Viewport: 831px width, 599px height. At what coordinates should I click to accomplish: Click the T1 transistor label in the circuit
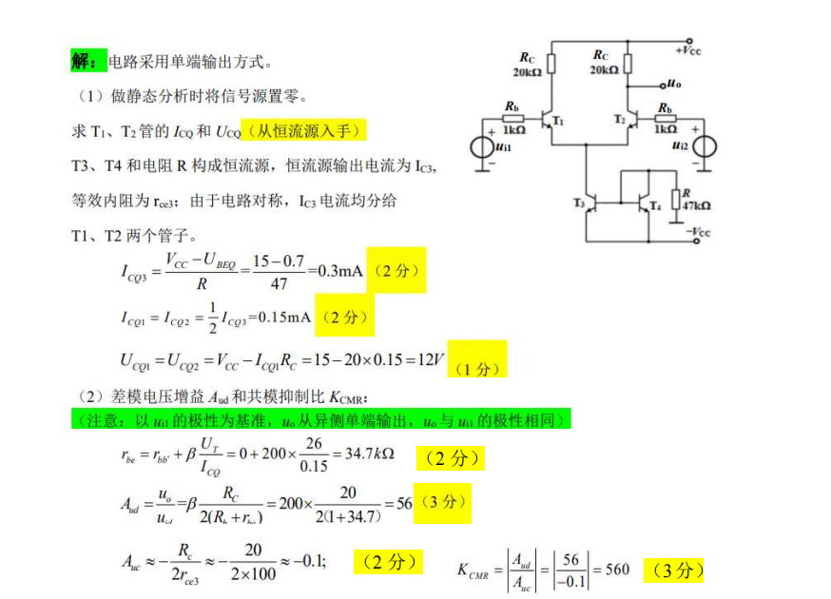point(558,123)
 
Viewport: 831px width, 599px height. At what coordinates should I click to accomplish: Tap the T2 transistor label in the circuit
point(619,121)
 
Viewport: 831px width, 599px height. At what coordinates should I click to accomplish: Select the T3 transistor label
point(579,203)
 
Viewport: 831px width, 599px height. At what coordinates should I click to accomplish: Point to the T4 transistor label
point(654,206)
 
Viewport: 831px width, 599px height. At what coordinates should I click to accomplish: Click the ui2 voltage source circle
point(705,148)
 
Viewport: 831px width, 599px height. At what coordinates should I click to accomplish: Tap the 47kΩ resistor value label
point(696,205)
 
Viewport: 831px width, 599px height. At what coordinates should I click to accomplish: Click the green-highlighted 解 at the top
point(83,62)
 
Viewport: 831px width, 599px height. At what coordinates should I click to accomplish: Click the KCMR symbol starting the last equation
point(473,570)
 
